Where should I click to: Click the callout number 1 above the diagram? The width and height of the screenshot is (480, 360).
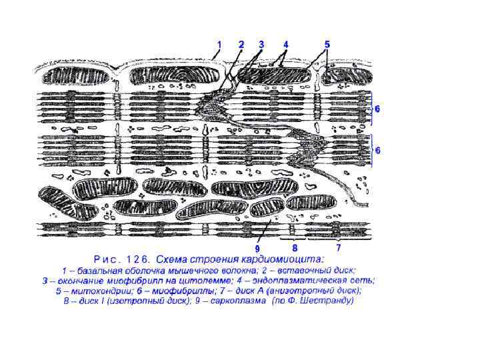tap(218, 45)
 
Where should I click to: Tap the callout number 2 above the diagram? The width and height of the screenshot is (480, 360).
tap(241, 45)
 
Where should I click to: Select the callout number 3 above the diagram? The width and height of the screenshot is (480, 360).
tap(261, 45)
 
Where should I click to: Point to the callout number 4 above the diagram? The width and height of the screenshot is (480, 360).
tap(285, 45)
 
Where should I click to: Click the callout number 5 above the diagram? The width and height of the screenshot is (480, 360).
tap(327, 45)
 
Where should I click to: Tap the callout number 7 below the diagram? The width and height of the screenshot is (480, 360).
tap(338, 247)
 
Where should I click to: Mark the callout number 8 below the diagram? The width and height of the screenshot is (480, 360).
tap(294, 247)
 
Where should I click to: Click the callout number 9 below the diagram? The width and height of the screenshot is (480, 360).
tap(257, 249)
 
